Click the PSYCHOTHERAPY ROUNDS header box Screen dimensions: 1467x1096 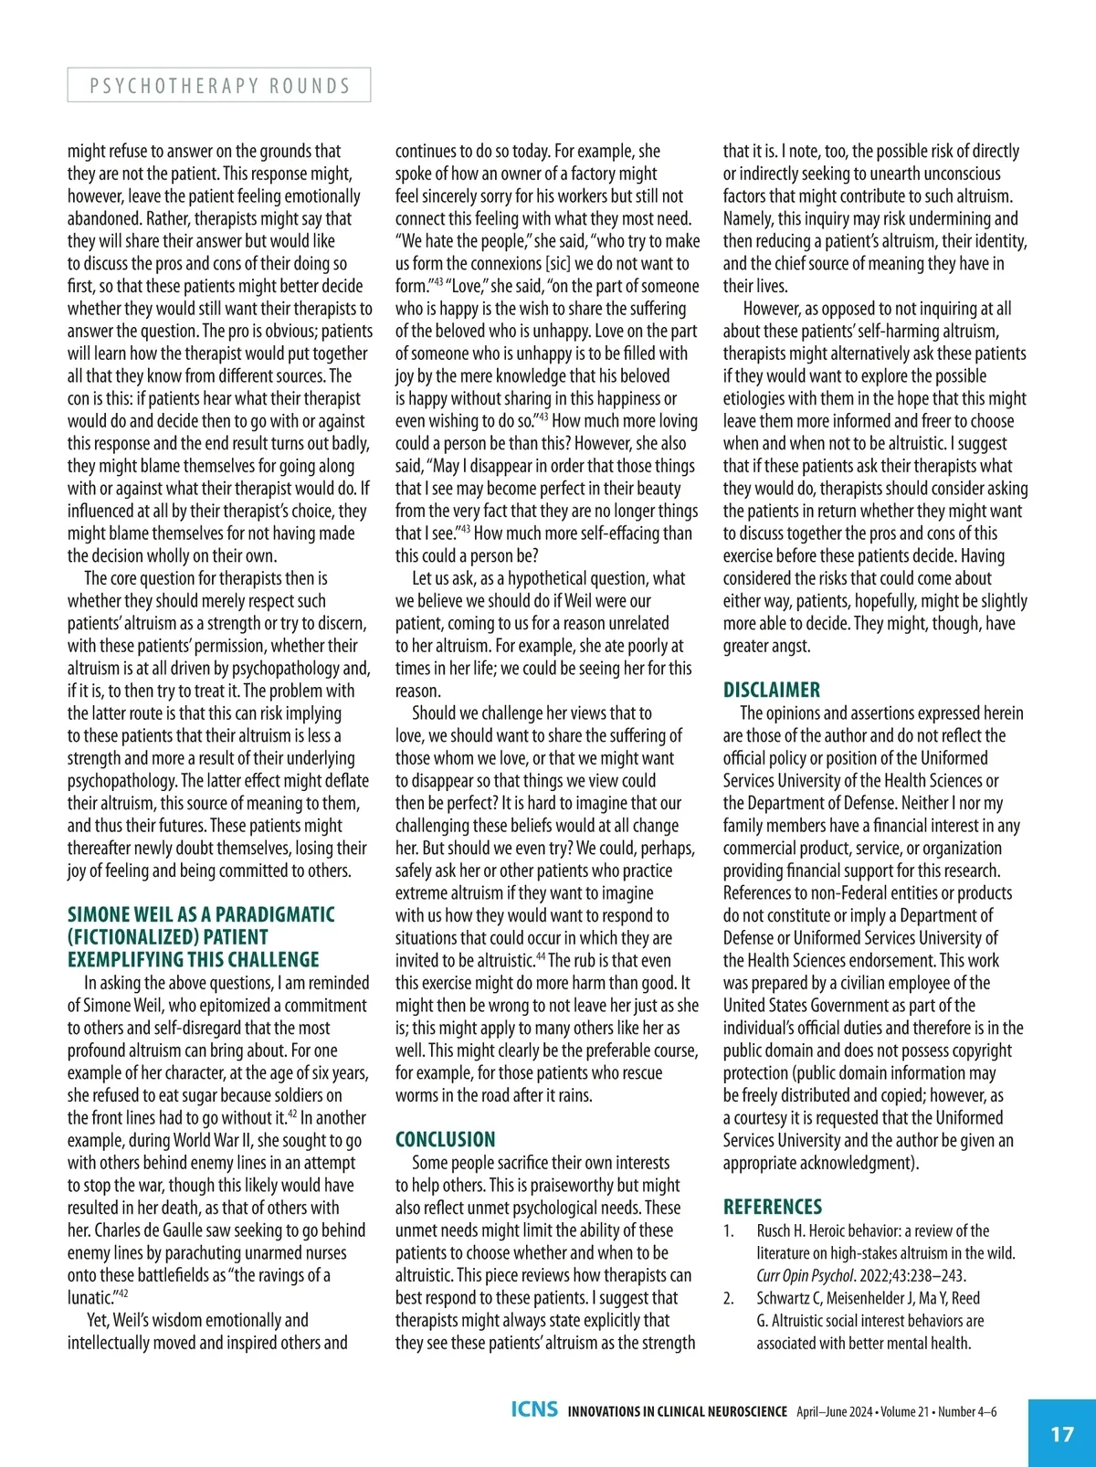click(x=219, y=85)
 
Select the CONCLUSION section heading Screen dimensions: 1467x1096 click(x=445, y=1139)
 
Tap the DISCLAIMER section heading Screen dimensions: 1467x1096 click(x=772, y=690)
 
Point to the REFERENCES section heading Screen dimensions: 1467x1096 click(x=773, y=1207)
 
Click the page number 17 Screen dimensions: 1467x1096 click(x=1062, y=1433)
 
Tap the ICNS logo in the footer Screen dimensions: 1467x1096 click(x=534, y=1409)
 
